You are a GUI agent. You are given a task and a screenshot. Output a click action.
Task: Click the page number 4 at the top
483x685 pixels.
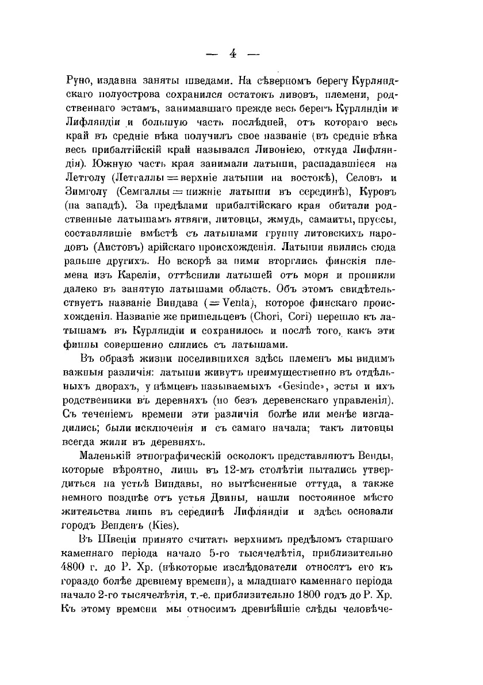pyautogui.click(x=233, y=53)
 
